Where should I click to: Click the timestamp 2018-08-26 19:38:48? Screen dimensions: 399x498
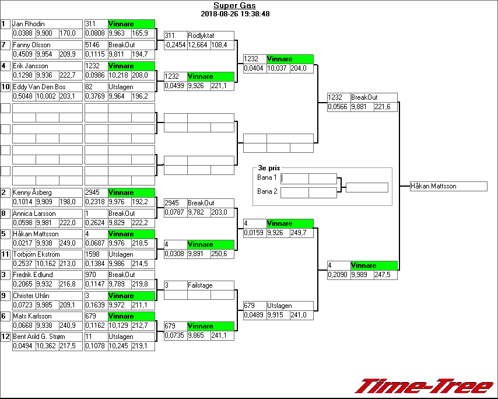click(234, 13)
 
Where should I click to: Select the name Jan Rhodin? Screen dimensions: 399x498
click(29, 24)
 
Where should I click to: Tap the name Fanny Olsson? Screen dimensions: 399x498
click(31, 45)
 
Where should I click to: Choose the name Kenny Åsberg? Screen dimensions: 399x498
click(32, 192)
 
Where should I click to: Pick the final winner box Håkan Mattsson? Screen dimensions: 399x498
click(434, 186)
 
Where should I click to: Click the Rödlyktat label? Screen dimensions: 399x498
click(201, 35)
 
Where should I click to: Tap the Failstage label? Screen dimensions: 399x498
click(199, 285)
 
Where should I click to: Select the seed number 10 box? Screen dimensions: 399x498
click(5, 87)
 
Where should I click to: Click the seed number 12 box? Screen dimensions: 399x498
click(5, 337)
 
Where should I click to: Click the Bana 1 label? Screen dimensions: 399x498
click(266, 177)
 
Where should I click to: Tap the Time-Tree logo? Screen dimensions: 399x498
click(424, 386)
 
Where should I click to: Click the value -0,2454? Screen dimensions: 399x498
click(175, 45)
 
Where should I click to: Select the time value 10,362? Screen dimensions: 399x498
click(46, 346)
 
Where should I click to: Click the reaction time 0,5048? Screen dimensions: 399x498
click(23, 96)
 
